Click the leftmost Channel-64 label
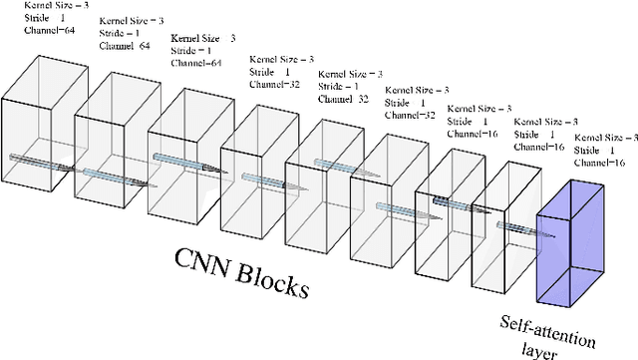(x=47, y=31)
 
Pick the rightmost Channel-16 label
(x=601, y=162)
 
